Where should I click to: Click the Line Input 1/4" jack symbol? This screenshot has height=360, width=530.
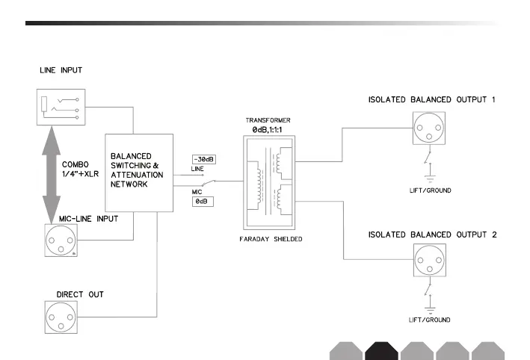(x=61, y=107)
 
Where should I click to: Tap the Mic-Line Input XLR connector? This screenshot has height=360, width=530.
(x=61, y=240)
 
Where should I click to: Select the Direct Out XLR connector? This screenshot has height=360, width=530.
(x=61, y=317)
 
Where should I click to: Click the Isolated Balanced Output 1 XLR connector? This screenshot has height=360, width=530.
(x=429, y=128)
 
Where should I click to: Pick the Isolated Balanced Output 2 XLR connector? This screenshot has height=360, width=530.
(x=430, y=261)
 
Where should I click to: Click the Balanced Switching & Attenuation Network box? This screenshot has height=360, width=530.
(x=139, y=173)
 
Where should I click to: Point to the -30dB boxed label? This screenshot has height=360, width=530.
(x=204, y=159)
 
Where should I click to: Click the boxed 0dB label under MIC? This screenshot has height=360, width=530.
(x=203, y=202)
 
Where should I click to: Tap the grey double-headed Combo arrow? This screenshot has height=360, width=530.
(x=52, y=175)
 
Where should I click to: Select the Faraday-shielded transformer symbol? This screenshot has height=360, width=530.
(x=269, y=183)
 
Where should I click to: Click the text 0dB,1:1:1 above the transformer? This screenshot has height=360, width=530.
(x=267, y=130)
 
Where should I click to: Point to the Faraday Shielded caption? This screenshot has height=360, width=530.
(x=271, y=239)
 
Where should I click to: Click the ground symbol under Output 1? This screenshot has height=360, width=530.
(x=430, y=178)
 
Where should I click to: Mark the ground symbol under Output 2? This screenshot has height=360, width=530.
(x=430, y=311)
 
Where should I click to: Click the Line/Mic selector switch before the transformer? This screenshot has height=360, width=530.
(x=209, y=183)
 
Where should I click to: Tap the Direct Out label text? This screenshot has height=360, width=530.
(x=80, y=294)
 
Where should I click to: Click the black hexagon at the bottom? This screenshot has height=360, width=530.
(x=381, y=351)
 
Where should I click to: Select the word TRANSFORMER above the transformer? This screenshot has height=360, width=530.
(x=268, y=120)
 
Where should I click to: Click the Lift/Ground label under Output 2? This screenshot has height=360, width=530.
(x=430, y=320)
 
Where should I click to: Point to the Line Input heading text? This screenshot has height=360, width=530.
(x=61, y=70)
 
